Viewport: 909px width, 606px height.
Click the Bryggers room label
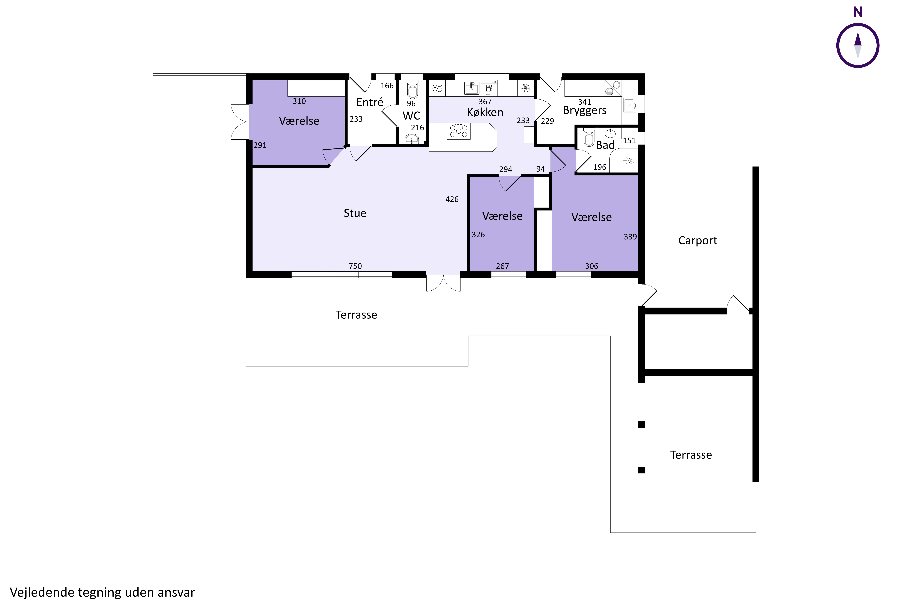click(584, 111)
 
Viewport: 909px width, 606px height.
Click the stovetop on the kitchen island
click(458, 131)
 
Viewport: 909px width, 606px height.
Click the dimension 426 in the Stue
click(452, 199)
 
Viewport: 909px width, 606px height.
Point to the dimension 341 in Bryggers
click(584, 102)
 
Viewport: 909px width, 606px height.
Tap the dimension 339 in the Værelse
click(630, 237)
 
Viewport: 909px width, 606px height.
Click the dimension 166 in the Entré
click(387, 86)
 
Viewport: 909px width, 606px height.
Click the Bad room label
click(605, 145)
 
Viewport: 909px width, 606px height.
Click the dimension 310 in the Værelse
click(299, 101)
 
